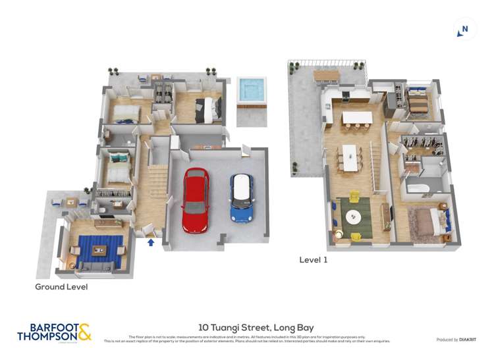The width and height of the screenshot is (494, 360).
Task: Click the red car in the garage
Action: [x=195, y=200]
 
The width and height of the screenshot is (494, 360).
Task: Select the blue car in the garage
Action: [x=242, y=198]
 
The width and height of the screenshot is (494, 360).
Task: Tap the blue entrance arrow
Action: [x=151, y=242]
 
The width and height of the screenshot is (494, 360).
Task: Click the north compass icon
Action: [x=464, y=30]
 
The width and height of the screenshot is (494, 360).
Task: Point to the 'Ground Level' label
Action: [x=61, y=287]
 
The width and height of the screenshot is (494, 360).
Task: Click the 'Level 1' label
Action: [x=314, y=260]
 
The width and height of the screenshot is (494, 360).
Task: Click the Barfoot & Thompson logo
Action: [x=54, y=332]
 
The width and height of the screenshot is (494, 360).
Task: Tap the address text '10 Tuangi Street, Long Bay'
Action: [x=256, y=327]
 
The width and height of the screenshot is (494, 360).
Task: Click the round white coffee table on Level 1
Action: [x=354, y=215]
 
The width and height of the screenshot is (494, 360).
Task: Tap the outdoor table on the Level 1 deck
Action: [x=327, y=76]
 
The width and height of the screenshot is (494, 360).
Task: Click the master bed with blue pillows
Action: [x=427, y=222]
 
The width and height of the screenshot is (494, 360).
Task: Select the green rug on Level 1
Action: [x=354, y=217]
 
